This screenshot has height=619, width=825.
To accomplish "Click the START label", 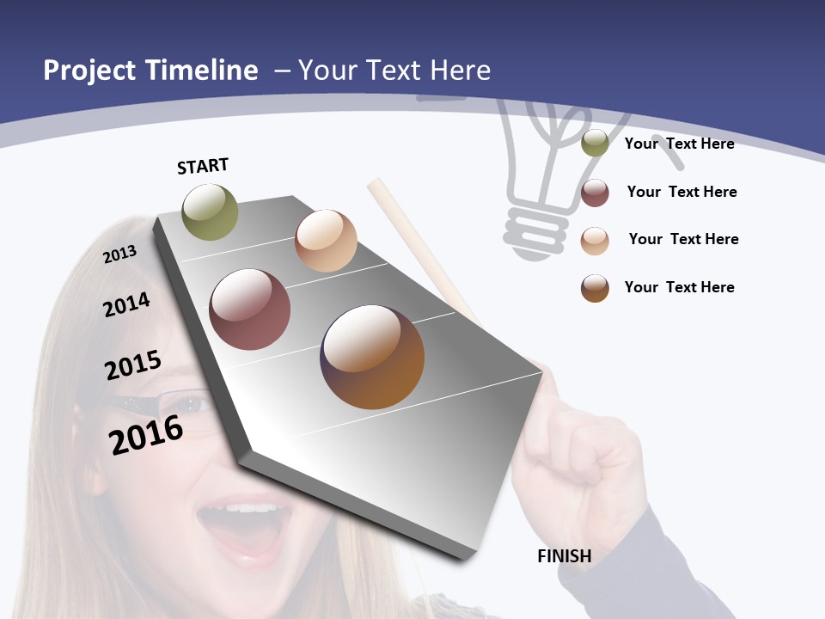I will (203, 166).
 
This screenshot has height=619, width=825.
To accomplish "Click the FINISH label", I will (565, 556).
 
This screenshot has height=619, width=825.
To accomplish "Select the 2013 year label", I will (119, 254).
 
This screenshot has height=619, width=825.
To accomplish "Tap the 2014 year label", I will (127, 304).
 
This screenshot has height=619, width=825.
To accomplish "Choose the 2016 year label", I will (146, 435).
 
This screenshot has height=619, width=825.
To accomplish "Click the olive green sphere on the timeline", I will (211, 211).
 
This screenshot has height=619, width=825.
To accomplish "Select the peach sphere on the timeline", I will (326, 240).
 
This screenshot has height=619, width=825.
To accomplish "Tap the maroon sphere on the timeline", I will (250, 309).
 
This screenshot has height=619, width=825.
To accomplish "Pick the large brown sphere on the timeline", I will (372, 357).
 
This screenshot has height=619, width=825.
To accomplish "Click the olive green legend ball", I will (595, 144).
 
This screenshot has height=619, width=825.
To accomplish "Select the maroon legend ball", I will (595, 193).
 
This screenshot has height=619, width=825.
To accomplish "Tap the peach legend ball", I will (595, 240).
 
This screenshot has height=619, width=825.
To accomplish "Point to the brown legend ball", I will (595, 288).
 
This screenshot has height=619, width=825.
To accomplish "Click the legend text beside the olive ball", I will (679, 144).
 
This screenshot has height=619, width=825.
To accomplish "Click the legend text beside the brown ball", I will (679, 287).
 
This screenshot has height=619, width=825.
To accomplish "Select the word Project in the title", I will (90, 70).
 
